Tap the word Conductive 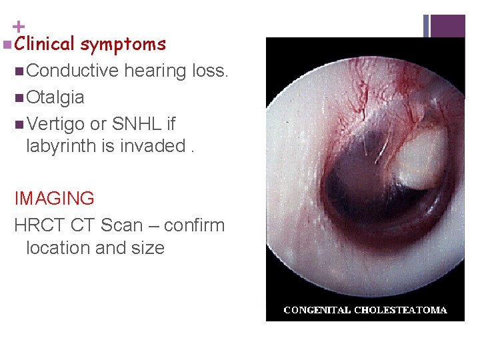(x=73, y=71)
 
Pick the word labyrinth (x=62, y=146)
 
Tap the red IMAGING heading (x=54, y=199)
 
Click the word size (x=147, y=248)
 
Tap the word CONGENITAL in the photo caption (x=317, y=310)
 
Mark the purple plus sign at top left (x=19, y=27)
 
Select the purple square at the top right (x=447, y=26)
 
